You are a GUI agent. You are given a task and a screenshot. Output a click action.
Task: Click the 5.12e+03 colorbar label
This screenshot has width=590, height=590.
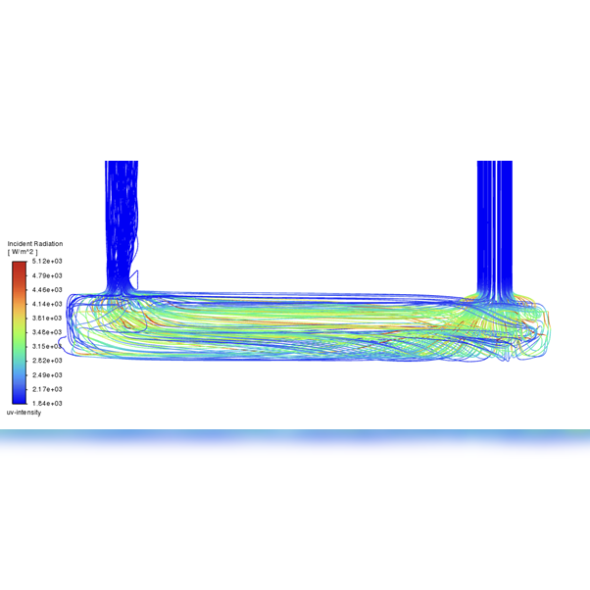click(x=47, y=261)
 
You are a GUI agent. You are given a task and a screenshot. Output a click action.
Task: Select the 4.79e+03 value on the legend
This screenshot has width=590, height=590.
click(x=47, y=275)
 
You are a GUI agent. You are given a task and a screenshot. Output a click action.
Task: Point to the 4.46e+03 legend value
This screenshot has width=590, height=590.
click(x=47, y=290)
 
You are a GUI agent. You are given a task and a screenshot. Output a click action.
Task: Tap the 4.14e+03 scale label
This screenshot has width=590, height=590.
click(x=47, y=304)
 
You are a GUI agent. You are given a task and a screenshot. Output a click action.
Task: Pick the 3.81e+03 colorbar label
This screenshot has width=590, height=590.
click(x=47, y=319)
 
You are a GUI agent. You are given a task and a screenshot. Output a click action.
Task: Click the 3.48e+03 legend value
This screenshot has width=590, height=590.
click(x=47, y=332)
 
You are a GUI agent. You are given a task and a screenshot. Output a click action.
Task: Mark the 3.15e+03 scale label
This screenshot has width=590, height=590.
click(x=47, y=347)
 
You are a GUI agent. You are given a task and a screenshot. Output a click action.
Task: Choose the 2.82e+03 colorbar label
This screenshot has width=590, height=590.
click(x=47, y=361)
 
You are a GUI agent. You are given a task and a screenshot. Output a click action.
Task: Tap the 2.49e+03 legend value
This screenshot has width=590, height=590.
click(x=47, y=375)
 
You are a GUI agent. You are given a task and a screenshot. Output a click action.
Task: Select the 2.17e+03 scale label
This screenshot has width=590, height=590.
click(x=47, y=389)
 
